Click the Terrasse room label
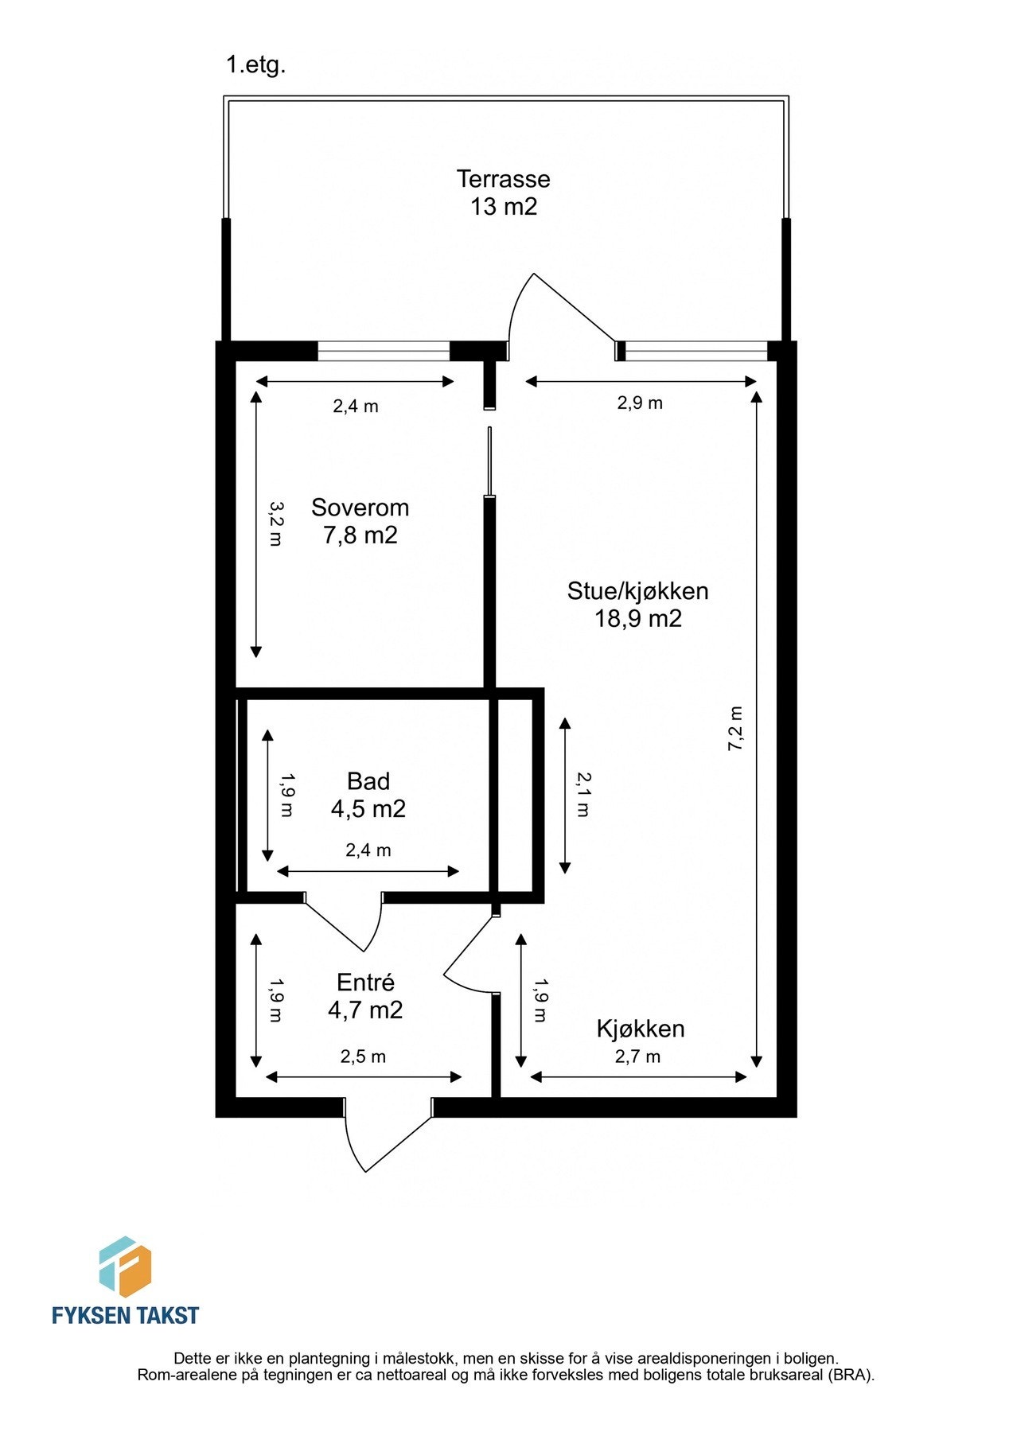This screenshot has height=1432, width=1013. coord(503,179)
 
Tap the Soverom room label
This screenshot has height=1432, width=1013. coord(360,508)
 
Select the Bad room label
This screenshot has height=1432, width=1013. coord(368,781)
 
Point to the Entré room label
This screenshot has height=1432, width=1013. coord(365,983)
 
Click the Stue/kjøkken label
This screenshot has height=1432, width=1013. coord(637,591)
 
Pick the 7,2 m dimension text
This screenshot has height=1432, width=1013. coord(735,728)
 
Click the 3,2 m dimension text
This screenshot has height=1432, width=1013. coord(275,523)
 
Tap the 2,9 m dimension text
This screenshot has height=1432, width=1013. coord(640,403)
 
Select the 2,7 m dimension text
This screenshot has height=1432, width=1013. coord(637,1056)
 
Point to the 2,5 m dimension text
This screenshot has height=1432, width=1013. coord(363,1056)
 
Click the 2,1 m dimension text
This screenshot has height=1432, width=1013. coord(583,795)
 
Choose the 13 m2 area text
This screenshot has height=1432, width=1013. coord(503,207)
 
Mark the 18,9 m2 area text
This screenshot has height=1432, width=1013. coord(637,619)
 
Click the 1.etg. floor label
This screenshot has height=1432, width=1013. coord(255,65)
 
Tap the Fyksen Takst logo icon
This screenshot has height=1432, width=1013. coord(125,1267)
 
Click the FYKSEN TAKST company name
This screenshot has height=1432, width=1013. coord(125,1315)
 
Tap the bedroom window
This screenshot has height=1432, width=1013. coord(384,351)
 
